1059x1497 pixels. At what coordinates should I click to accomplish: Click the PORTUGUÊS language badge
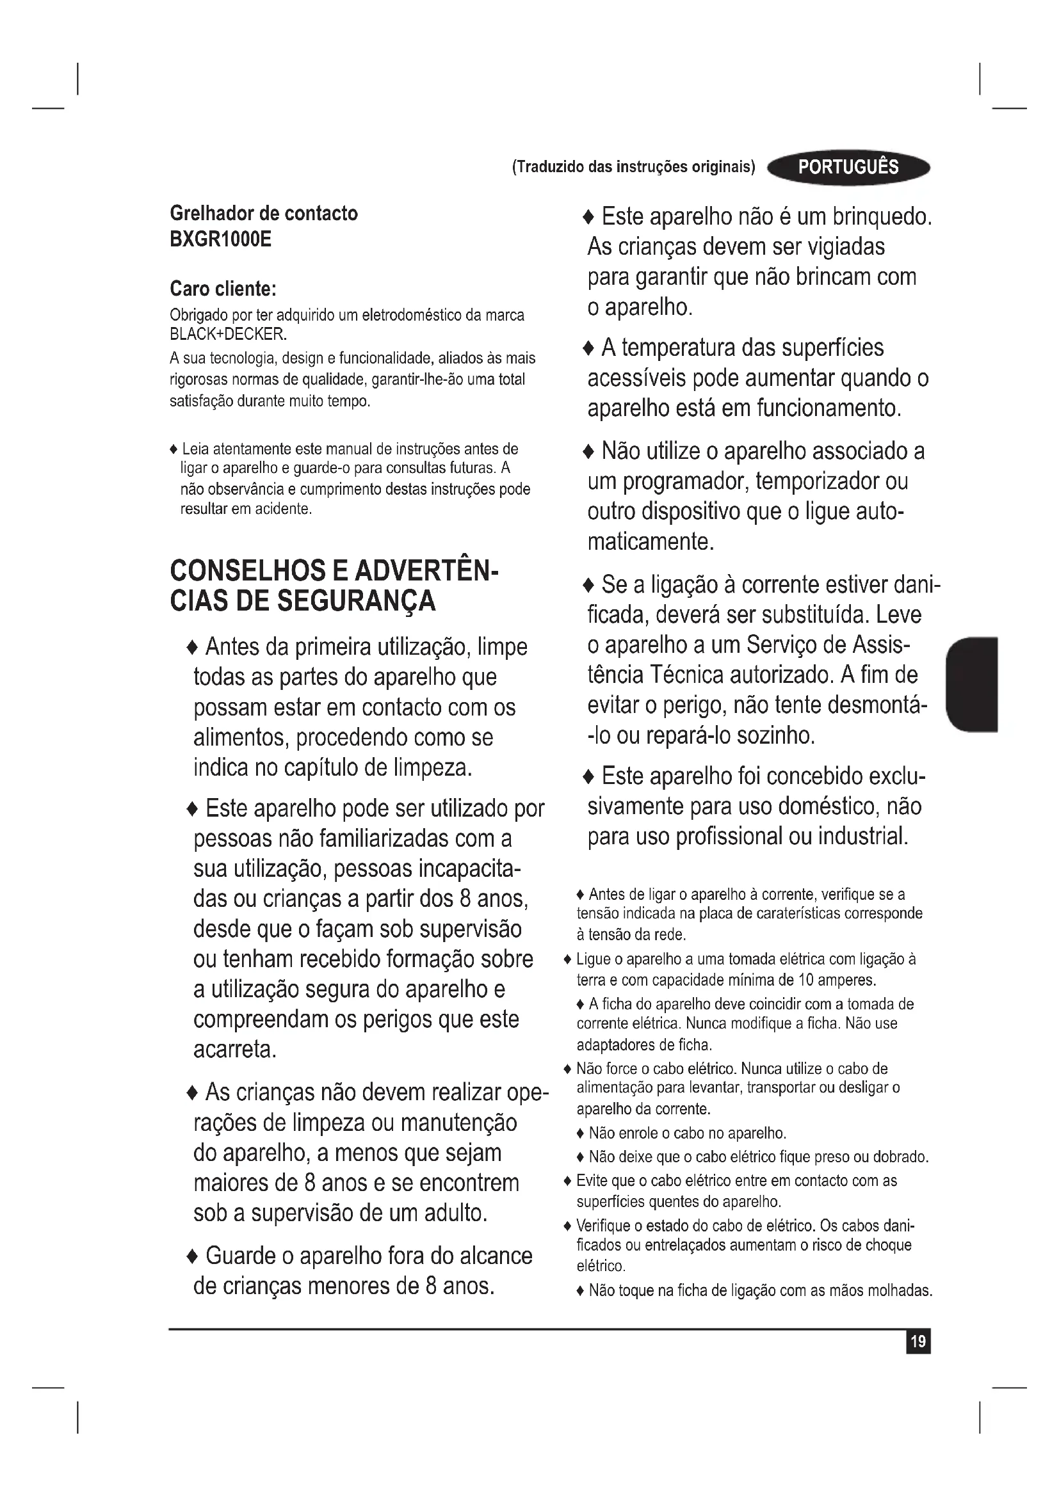point(848,168)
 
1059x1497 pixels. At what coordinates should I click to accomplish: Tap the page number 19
point(918,1341)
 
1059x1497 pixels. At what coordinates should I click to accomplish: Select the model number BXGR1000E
point(220,239)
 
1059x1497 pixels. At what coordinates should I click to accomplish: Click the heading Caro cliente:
point(223,288)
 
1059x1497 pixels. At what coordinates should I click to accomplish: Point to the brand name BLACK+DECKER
point(227,335)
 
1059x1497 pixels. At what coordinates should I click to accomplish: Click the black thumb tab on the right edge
point(973,685)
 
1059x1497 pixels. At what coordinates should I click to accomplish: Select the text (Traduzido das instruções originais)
point(633,167)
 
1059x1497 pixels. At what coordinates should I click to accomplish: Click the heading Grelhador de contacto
point(263,213)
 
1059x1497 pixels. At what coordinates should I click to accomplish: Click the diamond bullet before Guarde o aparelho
point(192,1256)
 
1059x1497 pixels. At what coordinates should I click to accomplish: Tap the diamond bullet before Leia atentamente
point(174,449)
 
